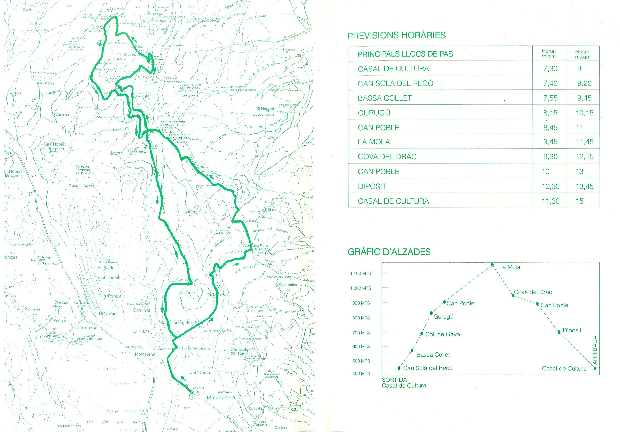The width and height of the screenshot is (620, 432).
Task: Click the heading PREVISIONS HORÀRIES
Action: tap(396, 35)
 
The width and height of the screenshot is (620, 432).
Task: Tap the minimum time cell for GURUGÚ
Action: tap(550, 113)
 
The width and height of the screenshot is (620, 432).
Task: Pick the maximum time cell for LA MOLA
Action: tap(584, 142)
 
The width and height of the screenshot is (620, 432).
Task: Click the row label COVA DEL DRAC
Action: tap(387, 157)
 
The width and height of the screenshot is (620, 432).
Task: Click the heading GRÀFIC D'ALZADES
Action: tap(389, 252)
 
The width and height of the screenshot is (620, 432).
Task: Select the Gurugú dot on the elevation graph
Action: tap(431, 313)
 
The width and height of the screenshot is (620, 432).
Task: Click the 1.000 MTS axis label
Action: tap(360, 288)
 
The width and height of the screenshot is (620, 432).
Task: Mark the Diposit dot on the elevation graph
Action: tap(559, 332)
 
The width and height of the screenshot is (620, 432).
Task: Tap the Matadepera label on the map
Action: tap(221, 398)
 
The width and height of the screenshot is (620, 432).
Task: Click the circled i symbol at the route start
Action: tap(192, 396)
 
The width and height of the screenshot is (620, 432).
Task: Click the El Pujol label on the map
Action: tap(187, 292)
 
